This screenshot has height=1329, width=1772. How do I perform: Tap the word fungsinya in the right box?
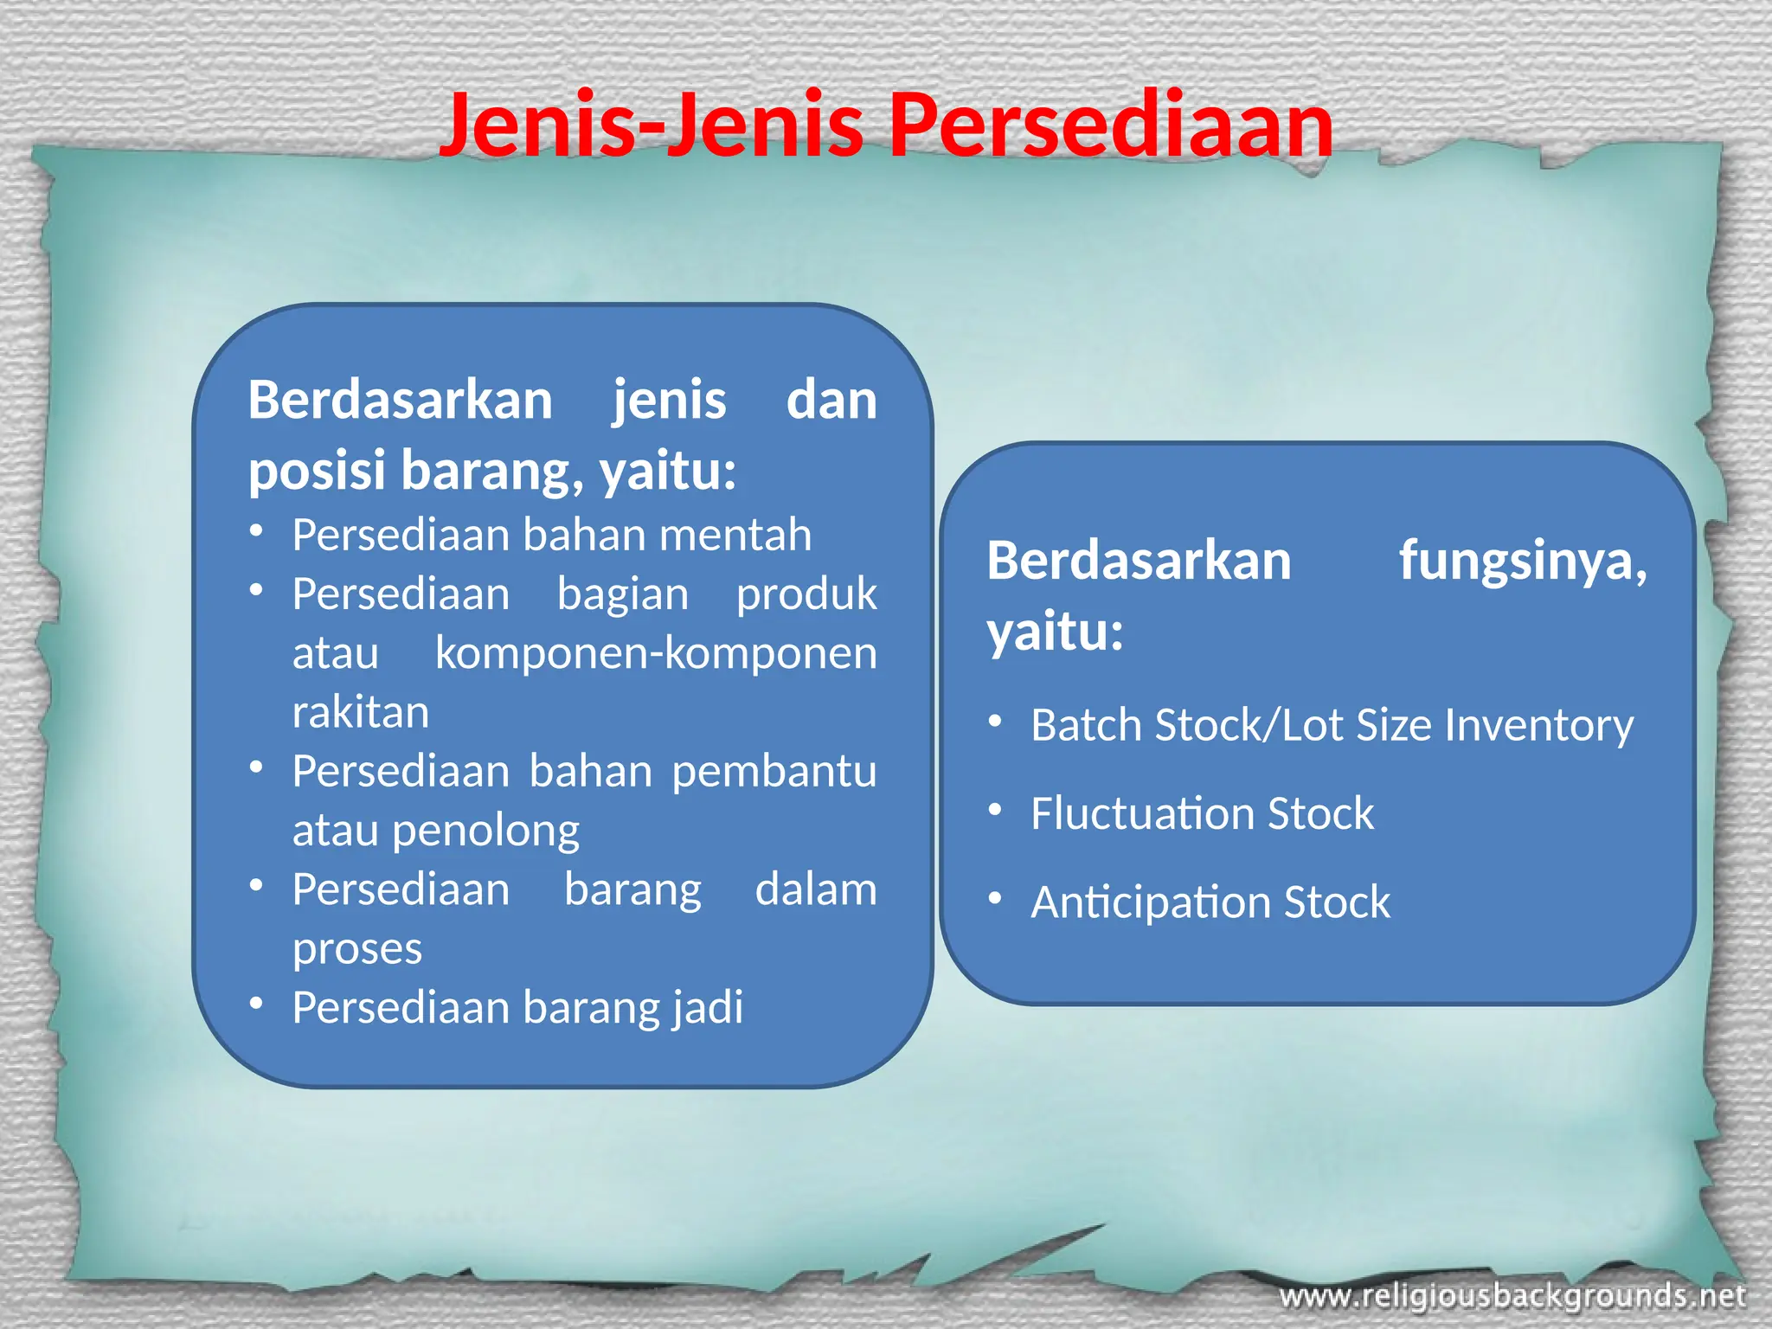pyautogui.click(x=1523, y=562)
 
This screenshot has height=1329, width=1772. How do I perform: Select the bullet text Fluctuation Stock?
pyautogui.click(x=1202, y=814)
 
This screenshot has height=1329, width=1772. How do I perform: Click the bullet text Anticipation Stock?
pyautogui.click(x=1210, y=902)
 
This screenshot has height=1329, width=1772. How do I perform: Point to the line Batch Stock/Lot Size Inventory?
pyautogui.click(x=1332, y=725)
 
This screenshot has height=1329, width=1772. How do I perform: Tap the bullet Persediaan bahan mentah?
pyautogui.click(x=552, y=535)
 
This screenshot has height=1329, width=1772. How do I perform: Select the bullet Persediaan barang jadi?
pyautogui.click(x=517, y=1008)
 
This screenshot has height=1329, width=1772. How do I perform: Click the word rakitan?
pyautogui.click(x=361, y=713)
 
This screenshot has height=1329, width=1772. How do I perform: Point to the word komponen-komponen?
pyautogui.click(x=656, y=653)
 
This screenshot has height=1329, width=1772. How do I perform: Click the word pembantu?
pyautogui.click(x=774, y=772)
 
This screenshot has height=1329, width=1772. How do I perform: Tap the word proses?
pyautogui.click(x=357, y=949)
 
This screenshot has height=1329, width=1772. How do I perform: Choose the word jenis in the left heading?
pyautogui.click(x=670, y=401)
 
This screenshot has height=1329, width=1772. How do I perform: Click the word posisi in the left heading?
pyautogui.click(x=317, y=472)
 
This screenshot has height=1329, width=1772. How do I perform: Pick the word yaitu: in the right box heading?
pyautogui.click(x=1055, y=632)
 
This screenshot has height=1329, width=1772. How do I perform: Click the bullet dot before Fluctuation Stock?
pyautogui.click(x=996, y=811)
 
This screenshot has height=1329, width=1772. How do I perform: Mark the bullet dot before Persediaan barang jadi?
pyautogui.click(x=256, y=1004)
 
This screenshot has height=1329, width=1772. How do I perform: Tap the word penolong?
pyautogui.click(x=485, y=831)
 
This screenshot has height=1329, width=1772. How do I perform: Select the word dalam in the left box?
pyautogui.click(x=816, y=890)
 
